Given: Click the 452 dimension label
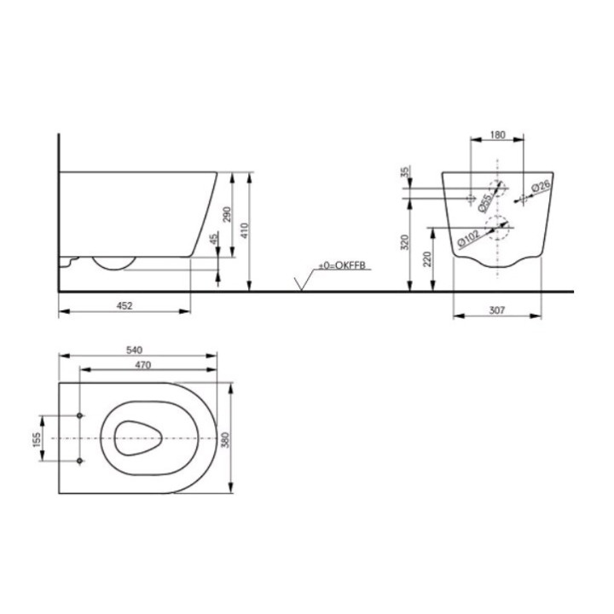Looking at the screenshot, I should point(124,304).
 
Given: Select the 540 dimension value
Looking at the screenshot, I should point(134,349).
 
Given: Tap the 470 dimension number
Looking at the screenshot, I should point(142,365).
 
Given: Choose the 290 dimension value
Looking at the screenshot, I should point(225,214).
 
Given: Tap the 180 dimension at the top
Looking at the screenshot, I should point(500,134).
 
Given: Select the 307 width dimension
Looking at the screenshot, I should point(498,311).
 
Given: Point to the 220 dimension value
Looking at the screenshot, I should point(427,258).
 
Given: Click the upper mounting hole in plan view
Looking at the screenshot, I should point(81,415).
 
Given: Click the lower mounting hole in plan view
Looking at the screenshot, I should point(81,460).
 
